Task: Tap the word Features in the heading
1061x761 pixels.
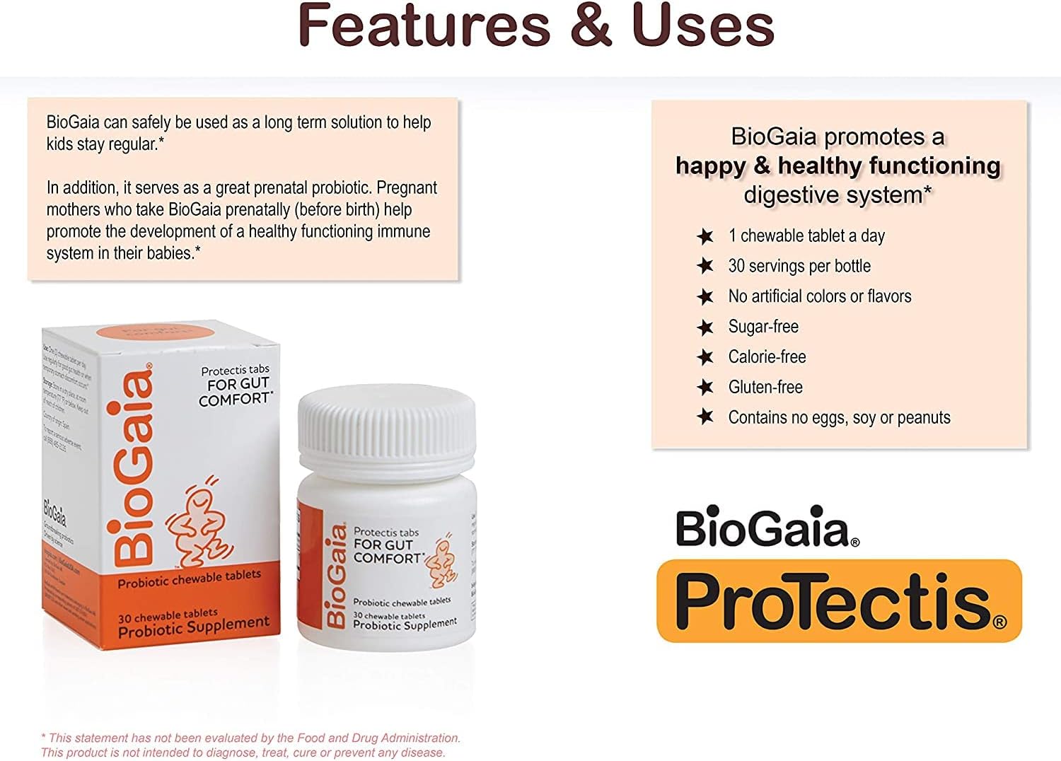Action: click(424, 25)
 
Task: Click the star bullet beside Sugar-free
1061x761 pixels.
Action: click(705, 327)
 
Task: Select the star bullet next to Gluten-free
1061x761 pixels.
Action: click(705, 387)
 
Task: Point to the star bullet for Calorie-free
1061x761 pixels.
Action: click(705, 357)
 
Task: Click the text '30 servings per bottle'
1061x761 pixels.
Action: click(799, 266)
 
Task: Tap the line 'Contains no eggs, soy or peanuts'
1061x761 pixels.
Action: click(839, 417)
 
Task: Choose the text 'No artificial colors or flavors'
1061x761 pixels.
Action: click(820, 296)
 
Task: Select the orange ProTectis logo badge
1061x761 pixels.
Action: click(839, 601)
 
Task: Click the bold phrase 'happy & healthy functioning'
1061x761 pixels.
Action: click(838, 165)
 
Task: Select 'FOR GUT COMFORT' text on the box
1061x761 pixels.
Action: click(236, 391)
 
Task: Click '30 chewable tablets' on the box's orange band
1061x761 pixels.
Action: click(168, 615)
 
